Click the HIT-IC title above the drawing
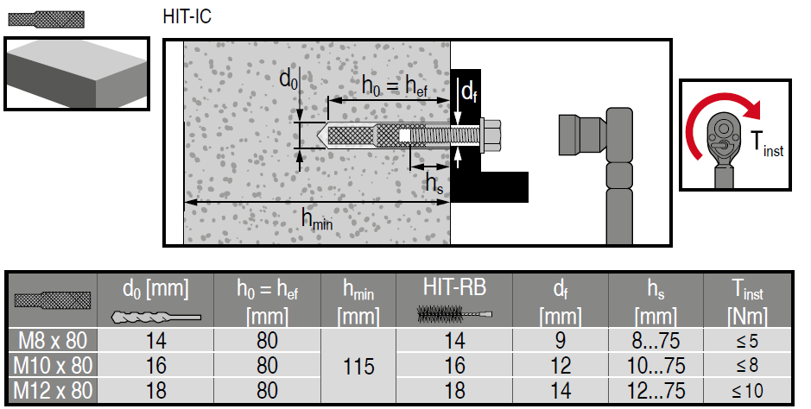[187, 16]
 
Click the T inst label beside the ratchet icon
[767, 144]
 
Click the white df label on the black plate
[469, 92]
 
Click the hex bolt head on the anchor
[491, 135]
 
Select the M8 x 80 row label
[53, 341]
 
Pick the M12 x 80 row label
[53, 390]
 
